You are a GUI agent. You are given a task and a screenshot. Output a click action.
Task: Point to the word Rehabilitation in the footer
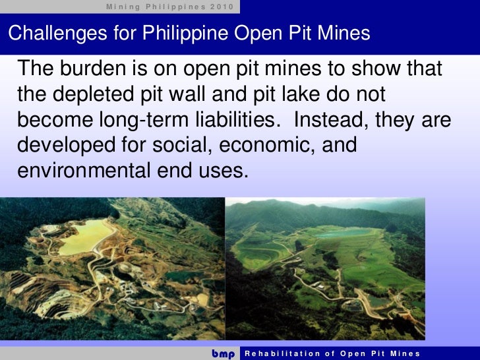(284, 353)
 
